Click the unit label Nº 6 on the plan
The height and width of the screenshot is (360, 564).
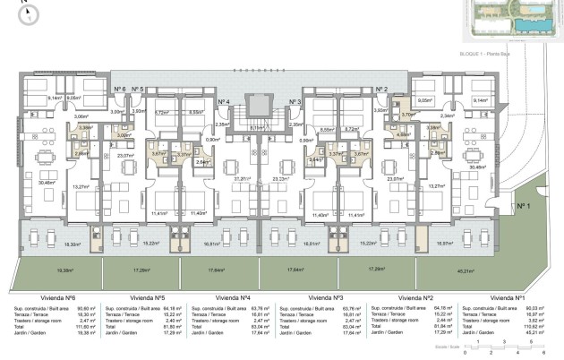coord(118,89)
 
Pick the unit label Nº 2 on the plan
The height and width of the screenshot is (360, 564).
coord(380,89)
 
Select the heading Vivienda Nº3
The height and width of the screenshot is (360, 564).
coord(326,296)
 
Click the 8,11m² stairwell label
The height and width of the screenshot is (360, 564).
coord(257,128)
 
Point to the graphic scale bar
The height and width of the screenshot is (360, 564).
coord(506,347)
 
